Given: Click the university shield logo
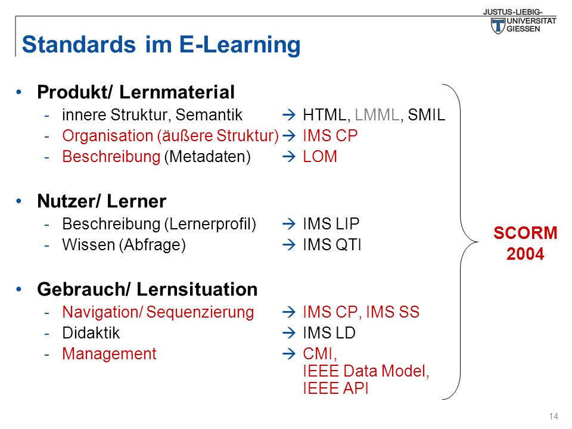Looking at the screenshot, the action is click(x=498, y=26).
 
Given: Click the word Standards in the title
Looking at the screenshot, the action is click(x=79, y=45).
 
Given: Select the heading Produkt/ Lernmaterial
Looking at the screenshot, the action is click(x=136, y=92).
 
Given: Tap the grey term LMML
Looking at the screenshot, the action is click(x=377, y=115).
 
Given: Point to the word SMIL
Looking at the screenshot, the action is click(x=427, y=115).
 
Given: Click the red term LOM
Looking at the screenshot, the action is click(x=320, y=157).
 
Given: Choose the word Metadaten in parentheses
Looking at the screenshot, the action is click(x=207, y=157).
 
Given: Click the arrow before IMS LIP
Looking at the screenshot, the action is click(x=289, y=223).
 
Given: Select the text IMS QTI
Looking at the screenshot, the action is click(x=332, y=245).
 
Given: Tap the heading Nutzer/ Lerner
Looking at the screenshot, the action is click(x=102, y=201).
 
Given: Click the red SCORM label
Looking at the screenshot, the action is click(x=526, y=233).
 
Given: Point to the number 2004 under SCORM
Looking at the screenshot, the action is click(x=526, y=254).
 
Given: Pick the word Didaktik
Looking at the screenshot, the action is click(x=91, y=332).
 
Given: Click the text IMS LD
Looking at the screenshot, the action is click(x=329, y=332).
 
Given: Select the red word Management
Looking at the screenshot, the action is click(x=110, y=354).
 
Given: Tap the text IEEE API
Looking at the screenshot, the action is click(x=335, y=388).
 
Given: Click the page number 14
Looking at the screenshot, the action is click(x=554, y=416).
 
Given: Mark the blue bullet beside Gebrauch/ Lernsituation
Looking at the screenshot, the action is click(x=19, y=290).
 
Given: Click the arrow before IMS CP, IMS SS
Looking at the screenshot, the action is click(x=289, y=312).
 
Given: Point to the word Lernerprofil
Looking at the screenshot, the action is click(x=210, y=224).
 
